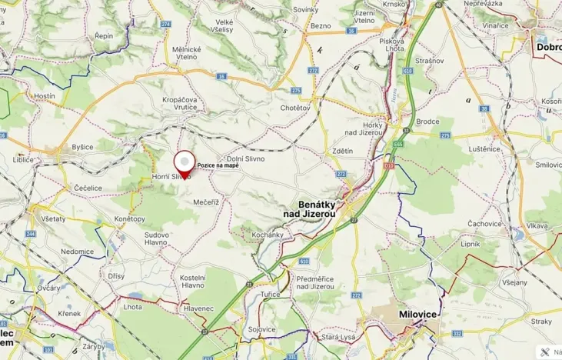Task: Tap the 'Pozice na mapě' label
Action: [x=218, y=165]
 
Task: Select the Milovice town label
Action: [x=418, y=315]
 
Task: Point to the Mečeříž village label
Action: [x=207, y=202]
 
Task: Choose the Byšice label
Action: [x=82, y=146]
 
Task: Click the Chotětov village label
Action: [x=294, y=108]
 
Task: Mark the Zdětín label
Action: [x=341, y=151]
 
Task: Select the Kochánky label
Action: [x=268, y=234]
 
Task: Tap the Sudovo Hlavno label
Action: [x=156, y=238]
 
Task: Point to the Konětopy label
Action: [x=130, y=219]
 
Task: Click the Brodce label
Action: [x=427, y=122]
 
